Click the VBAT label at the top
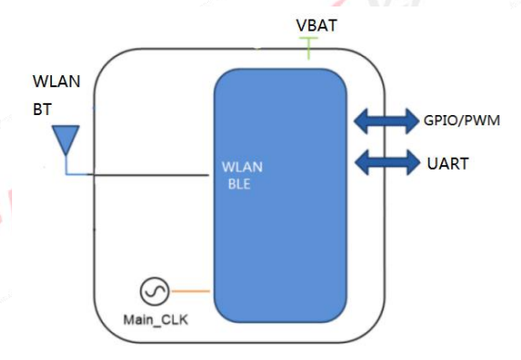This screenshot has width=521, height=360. (x=317, y=26)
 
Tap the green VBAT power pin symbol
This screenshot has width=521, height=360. (x=308, y=48)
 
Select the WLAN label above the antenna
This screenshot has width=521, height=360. (x=57, y=82)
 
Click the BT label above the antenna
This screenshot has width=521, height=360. (x=42, y=109)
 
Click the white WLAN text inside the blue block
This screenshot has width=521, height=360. (x=242, y=167)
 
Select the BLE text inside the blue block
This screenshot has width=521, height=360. (x=240, y=184)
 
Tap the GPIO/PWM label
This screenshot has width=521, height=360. (x=462, y=121)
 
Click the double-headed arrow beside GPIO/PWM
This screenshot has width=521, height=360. (x=386, y=121)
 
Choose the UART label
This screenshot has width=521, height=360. (x=448, y=163)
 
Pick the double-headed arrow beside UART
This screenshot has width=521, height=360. (x=387, y=162)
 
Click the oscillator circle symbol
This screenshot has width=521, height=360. (x=154, y=291)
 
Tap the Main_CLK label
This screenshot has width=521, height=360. (x=156, y=320)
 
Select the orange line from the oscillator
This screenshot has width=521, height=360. (x=191, y=291)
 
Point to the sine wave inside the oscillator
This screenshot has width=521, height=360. (x=154, y=291)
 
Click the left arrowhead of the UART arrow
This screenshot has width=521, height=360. (x=362, y=162)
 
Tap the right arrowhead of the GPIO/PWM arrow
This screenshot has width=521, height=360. (x=412, y=121)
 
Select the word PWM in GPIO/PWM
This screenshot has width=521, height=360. (x=481, y=121)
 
